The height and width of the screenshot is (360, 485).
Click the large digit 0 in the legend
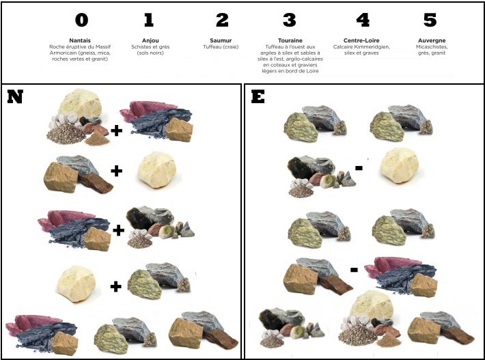tap(82, 20)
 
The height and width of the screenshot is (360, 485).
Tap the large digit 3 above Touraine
tap(290, 20)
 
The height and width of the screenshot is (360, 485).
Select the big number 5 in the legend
tap(430, 20)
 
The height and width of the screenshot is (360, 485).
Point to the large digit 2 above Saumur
tap(222, 20)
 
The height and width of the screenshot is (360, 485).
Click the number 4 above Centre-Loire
tap(363, 20)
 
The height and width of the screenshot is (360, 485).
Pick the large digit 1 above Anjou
tap(149, 20)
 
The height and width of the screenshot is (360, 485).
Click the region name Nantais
tap(80, 40)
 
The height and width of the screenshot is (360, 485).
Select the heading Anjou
tap(150, 40)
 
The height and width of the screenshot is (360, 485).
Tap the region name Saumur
tap(221, 40)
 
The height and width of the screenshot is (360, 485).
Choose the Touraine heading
tap(290, 40)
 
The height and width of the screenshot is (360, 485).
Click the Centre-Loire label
tap(361, 40)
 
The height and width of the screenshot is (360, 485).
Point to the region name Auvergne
tap(432, 40)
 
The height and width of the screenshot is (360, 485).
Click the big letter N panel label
tap(15, 97)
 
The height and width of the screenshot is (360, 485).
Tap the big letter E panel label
tap(258, 96)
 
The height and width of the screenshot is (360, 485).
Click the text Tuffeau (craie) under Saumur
tap(221, 47)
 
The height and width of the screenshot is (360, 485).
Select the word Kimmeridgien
tap(374, 47)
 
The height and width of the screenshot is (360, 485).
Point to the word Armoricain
tap(61, 53)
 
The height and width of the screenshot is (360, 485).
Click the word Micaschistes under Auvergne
tap(432, 47)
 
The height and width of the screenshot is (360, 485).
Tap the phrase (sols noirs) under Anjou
tap(150, 53)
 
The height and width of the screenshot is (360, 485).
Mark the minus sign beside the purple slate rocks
tap(354, 270)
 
